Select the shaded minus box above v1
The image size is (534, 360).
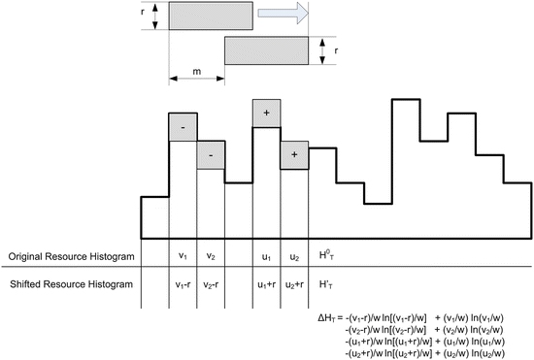pyautogui.click(x=183, y=127)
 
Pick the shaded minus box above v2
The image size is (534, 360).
pyautogui.click(x=211, y=154)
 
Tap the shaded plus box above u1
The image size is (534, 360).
pyautogui.click(x=266, y=114)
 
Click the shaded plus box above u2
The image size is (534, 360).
pyautogui.click(x=294, y=154)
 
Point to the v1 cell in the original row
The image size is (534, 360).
pyautogui.click(x=183, y=256)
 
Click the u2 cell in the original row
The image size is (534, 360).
pyautogui.click(x=294, y=256)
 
